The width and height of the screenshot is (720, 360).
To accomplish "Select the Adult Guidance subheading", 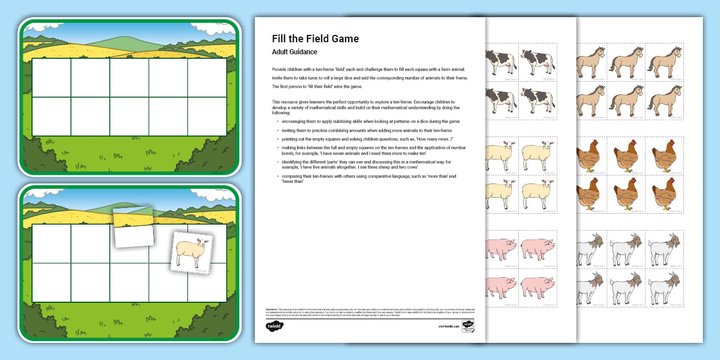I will [294, 52].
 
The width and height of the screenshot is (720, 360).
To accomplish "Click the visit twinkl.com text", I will [449, 326].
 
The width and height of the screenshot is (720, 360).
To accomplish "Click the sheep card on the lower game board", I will [191, 252].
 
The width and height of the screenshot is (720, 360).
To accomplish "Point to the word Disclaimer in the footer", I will [271, 309].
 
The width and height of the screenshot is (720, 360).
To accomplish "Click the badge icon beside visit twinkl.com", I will [469, 326].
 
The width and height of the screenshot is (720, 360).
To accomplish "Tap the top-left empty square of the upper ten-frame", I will [51, 77].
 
